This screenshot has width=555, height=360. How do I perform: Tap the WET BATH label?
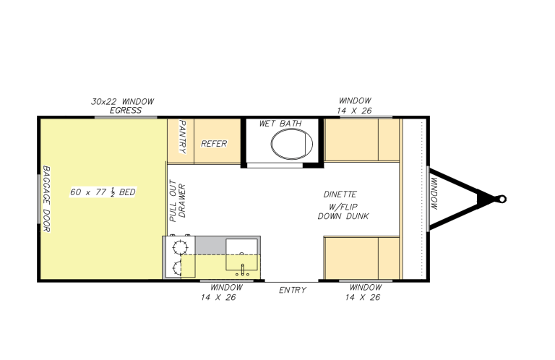coord(280,124)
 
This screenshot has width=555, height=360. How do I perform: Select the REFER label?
coord(214,143)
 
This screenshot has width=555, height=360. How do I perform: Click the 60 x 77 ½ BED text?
coord(103,192)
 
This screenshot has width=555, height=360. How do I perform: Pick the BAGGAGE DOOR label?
coord(46,199)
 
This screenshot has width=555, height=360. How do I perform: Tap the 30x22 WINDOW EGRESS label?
coord(123,106)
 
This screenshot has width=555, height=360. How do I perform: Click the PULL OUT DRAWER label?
coord(178,199)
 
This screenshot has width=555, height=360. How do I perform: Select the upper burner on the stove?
coord(178,247)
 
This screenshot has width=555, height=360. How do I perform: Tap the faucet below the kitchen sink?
coord(243,270)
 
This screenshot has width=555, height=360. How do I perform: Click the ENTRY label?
coord(293,291)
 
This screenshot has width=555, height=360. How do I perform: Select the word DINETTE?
coord(340,194)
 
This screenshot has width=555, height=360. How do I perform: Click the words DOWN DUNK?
coord(340,216)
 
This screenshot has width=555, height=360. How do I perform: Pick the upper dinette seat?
coord(361,140)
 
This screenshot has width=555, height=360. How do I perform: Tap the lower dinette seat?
coord(361,257)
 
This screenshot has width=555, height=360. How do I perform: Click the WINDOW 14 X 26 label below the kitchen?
coord(223,292)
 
